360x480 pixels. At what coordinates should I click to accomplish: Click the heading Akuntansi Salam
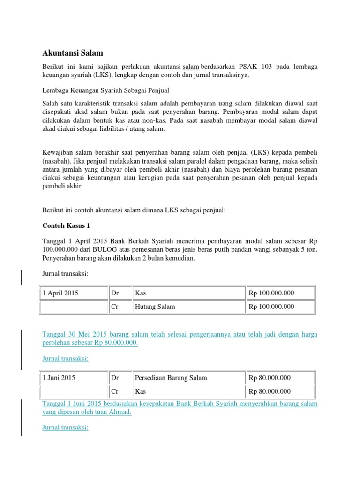[72, 53]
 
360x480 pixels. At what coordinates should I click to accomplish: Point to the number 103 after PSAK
[266, 67]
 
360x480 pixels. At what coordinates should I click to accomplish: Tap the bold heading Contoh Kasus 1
[66, 225]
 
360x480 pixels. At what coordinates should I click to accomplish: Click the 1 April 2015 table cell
[60, 293]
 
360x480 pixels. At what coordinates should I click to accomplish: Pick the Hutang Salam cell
[155, 307]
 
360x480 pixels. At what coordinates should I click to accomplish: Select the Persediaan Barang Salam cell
[171, 378]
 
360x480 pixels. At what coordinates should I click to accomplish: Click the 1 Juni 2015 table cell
[59, 378]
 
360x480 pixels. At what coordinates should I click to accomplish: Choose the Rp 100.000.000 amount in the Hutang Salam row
[271, 307]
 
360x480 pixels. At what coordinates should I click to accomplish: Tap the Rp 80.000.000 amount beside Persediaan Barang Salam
[270, 378]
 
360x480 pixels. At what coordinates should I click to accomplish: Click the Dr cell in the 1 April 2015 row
[115, 293]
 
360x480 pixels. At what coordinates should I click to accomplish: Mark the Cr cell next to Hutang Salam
[114, 307]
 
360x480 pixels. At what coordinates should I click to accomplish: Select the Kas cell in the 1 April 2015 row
[141, 293]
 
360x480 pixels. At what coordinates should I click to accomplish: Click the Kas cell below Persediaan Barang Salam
[141, 391]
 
